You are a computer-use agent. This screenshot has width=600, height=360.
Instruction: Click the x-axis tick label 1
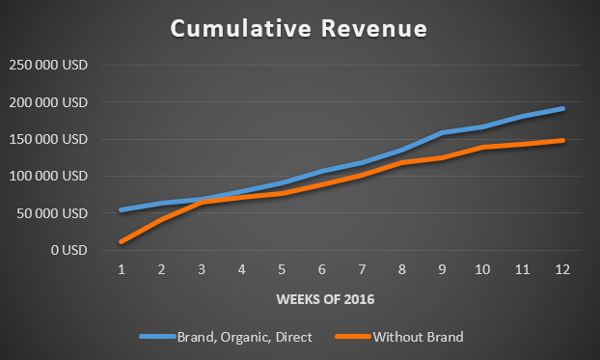point(121,271)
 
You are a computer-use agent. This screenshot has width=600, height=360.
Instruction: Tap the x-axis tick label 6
point(321,271)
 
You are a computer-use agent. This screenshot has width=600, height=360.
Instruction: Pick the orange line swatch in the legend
point(353,337)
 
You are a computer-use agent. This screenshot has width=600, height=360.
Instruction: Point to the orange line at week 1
point(121,241)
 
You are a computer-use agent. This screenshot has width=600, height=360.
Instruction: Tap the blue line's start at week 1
point(121,209)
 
